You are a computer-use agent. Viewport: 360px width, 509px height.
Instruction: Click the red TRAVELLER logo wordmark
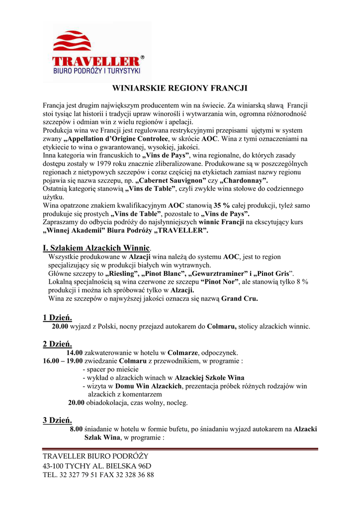tap(97, 62)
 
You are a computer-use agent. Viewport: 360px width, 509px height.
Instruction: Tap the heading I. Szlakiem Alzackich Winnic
tap(96, 248)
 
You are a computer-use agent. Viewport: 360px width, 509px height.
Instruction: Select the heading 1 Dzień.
tap(57, 317)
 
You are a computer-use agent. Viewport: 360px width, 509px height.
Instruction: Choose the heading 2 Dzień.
tap(57, 343)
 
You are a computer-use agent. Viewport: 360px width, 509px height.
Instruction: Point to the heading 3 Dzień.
tap(57, 421)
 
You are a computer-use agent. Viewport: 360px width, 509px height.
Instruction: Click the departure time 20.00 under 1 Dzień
tap(60, 327)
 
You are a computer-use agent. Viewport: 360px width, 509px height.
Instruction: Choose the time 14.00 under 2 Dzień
tap(75, 352)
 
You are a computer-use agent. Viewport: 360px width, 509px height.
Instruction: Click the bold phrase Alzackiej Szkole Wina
tap(209, 378)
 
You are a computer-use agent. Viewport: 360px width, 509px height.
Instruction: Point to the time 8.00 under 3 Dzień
tap(76, 429)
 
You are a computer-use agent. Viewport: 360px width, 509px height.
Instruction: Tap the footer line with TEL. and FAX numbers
tap(98, 474)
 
